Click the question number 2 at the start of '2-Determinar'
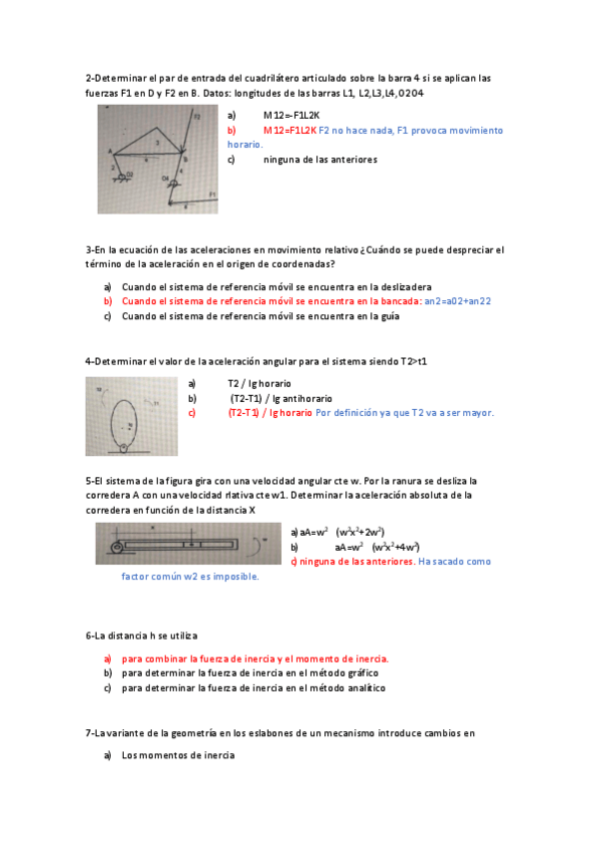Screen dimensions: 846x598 [89, 78]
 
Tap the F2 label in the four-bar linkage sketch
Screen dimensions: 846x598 [197, 117]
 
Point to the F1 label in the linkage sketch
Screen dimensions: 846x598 [211, 193]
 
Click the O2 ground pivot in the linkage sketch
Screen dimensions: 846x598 [127, 176]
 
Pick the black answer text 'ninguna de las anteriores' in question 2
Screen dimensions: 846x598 [320, 159]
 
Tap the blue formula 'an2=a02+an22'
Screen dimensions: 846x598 [458, 300]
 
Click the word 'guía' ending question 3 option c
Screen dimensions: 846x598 [389, 316]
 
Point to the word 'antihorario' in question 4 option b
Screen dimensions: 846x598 [308, 398]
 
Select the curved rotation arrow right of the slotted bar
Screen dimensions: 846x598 [265, 545]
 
